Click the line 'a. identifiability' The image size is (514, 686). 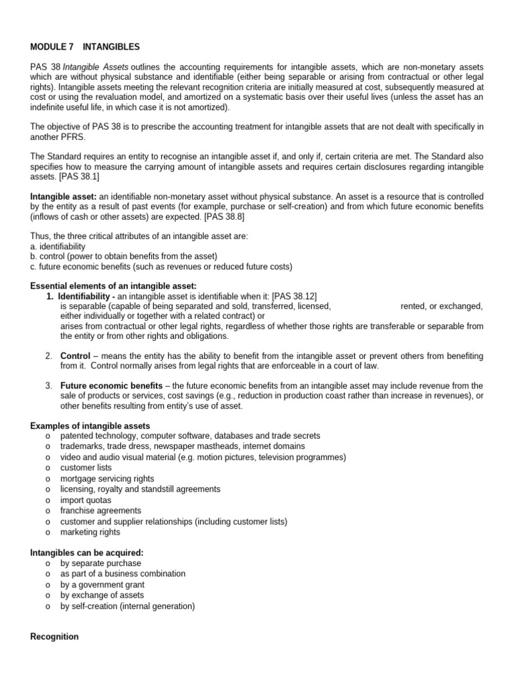58,246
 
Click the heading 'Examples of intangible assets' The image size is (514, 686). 90,425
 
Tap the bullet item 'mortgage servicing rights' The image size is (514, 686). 107,478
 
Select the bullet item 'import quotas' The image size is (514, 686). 86,500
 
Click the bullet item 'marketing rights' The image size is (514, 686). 90,532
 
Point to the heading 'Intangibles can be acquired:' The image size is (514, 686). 87,553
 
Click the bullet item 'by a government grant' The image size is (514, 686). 102,584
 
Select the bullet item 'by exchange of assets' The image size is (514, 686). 102,595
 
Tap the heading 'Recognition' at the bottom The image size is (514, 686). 55,636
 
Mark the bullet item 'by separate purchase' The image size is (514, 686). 100,563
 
